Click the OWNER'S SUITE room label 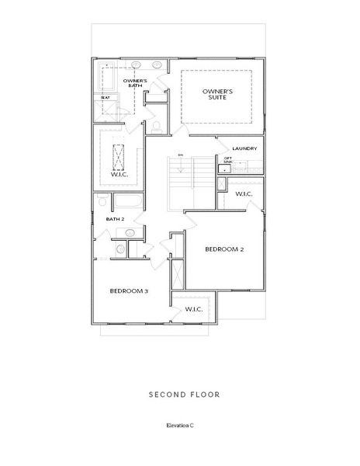pos(218,96)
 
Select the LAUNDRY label pos(244,148)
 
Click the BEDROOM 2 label pos(225,249)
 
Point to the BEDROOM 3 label pos(129,290)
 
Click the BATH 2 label pos(114,220)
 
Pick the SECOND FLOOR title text pos(184,395)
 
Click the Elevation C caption pos(180,426)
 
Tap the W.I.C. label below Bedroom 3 pos(193,309)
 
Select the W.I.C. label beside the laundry pos(244,193)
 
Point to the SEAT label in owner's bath pos(104,98)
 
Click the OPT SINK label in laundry pos(227,160)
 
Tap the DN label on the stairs pos(179,155)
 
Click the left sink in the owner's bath pos(136,64)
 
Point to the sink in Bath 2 pos(130,232)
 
